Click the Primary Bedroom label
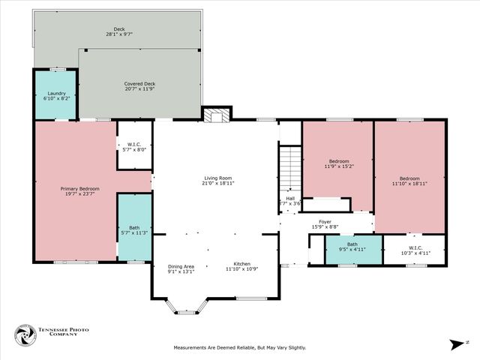pyautogui.click(x=79, y=188)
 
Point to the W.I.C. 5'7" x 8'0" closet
pyautogui.click(x=135, y=145)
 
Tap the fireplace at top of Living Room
pyautogui.click(x=217, y=115)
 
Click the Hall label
pyautogui.click(x=290, y=198)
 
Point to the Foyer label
pyautogui.click(x=325, y=222)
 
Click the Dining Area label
pyautogui.click(x=180, y=266)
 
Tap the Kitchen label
pyautogui.click(x=241, y=264)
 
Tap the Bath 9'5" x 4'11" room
pyautogui.click(x=352, y=249)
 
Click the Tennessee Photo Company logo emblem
pyautogui.click(x=25, y=334)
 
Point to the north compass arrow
pyautogui.click(x=456, y=344)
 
